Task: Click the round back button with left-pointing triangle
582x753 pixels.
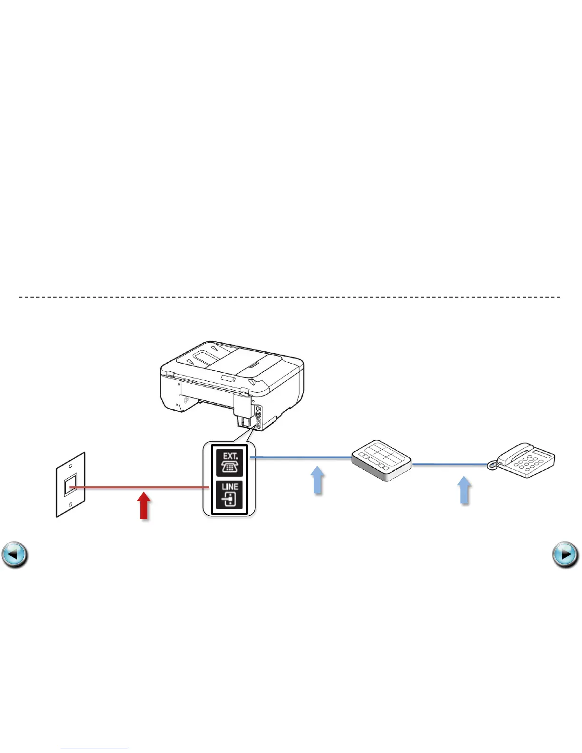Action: [15, 555]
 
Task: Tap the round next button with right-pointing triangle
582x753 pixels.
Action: [565, 555]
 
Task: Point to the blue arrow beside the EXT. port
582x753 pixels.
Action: [318, 480]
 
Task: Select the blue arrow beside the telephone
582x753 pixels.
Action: [464, 490]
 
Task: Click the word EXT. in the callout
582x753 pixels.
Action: [230, 455]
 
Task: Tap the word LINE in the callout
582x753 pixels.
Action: [230, 486]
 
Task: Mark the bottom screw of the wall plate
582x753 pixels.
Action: [70, 505]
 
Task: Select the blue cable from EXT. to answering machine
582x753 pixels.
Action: [300, 458]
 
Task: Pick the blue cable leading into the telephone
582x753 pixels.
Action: [449, 464]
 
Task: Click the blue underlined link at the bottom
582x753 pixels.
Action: [94, 748]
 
